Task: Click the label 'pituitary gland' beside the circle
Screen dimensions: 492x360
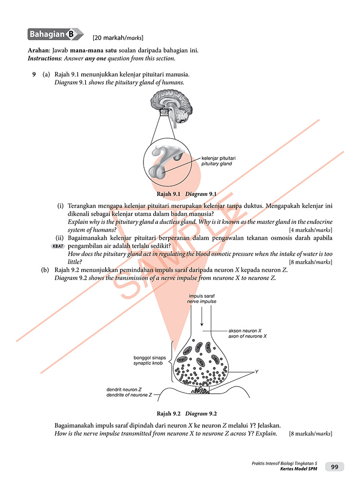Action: click(216, 164)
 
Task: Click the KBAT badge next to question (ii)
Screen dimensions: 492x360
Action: click(58, 246)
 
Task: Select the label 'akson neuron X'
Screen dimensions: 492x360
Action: click(245, 330)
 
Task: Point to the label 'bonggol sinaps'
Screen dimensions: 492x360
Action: click(149, 357)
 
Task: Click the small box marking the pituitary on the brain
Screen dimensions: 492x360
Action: click(165, 113)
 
